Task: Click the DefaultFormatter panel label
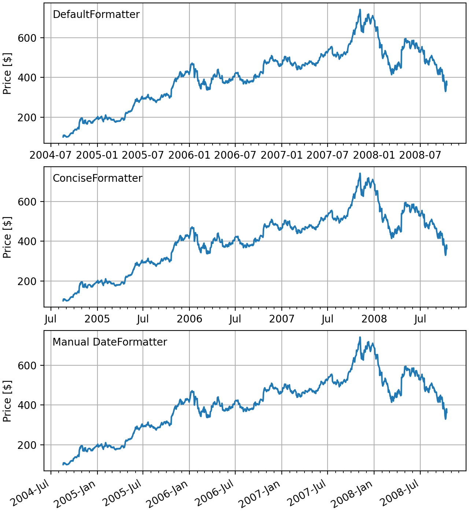(x=96, y=15)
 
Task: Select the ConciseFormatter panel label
(x=97, y=178)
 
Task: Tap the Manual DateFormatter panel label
(x=110, y=342)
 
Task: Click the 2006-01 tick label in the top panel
(x=189, y=155)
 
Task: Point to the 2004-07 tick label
(x=51, y=155)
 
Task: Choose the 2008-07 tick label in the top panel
(x=420, y=155)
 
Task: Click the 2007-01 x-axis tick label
(x=281, y=155)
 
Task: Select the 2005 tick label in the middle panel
(x=97, y=319)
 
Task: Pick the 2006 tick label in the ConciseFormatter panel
(x=189, y=319)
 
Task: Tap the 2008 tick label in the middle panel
(x=374, y=319)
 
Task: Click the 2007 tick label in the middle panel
(x=281, y=319)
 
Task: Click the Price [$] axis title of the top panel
(x=7, y=73)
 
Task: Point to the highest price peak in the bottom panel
(x=360, y=337)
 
